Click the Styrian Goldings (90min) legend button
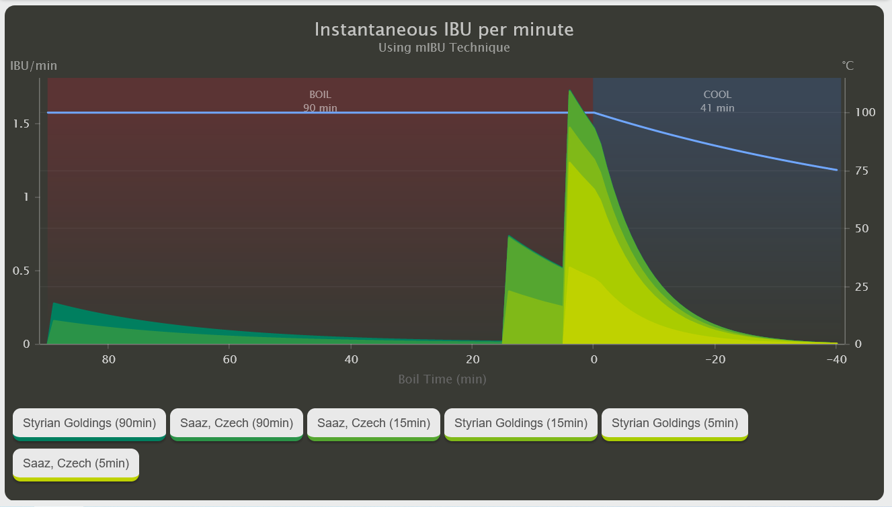pos(89,423)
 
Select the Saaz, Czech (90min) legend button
pos(236,423)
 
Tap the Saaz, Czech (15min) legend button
pos(373,423)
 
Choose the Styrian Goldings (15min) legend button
pos(521,423)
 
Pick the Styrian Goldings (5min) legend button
pos(674,423)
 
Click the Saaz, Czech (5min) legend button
pos(75,463)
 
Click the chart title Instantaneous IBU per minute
pos(444,30)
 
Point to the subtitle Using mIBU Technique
pos(444,48)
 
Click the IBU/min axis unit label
pos(34,65)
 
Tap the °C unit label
pos(848,65)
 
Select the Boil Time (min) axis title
pos(442,379)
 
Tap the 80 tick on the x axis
pos(108,359)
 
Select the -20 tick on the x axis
pos(714,359)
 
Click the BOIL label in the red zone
pos(320,95)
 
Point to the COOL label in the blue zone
pos(717,95)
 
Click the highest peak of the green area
pos(569,90)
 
